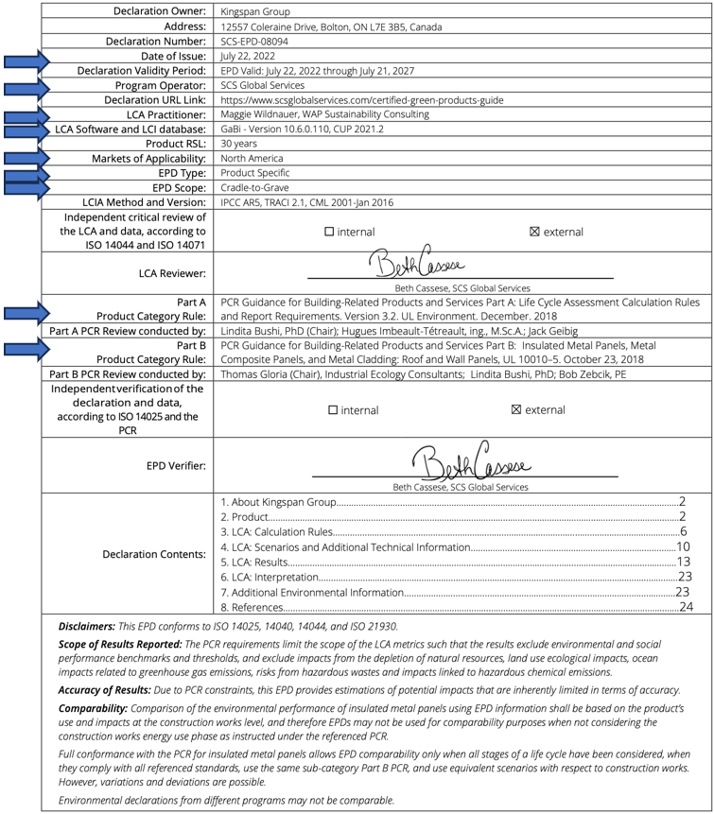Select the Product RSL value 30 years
pyautogui.click(x=239, y=144)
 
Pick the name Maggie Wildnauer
pyautogui.click(x=264, y=114)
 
